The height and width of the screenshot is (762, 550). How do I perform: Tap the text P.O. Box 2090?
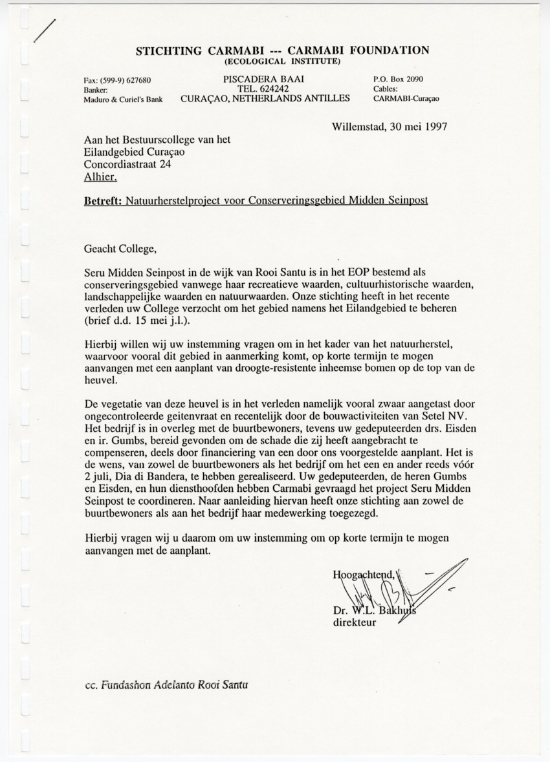(x=399, y=79)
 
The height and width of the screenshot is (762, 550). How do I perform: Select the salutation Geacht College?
(x=120, y=247)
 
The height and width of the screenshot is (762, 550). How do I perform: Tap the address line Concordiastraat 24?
(x=129, y=164)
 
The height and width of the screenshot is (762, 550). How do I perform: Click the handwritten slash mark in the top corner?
(x=45, y=29)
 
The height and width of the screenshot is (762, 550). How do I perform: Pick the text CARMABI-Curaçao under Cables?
(x=405, y=99)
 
